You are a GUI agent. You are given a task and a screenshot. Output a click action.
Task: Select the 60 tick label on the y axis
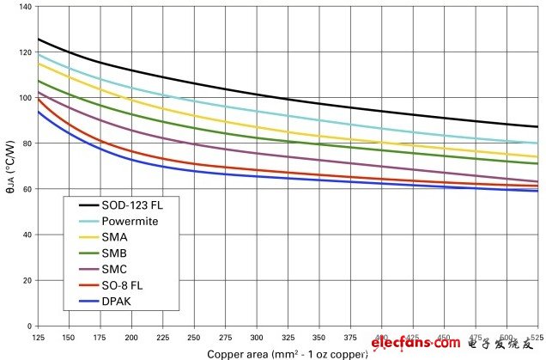point(25,189)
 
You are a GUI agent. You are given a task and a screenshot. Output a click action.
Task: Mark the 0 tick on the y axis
point(27,326)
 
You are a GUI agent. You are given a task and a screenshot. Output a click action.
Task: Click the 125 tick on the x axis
point(38,336)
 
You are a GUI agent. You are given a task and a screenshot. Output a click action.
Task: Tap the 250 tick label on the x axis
point(194,336)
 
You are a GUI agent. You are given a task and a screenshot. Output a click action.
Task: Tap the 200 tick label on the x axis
point(131,336)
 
